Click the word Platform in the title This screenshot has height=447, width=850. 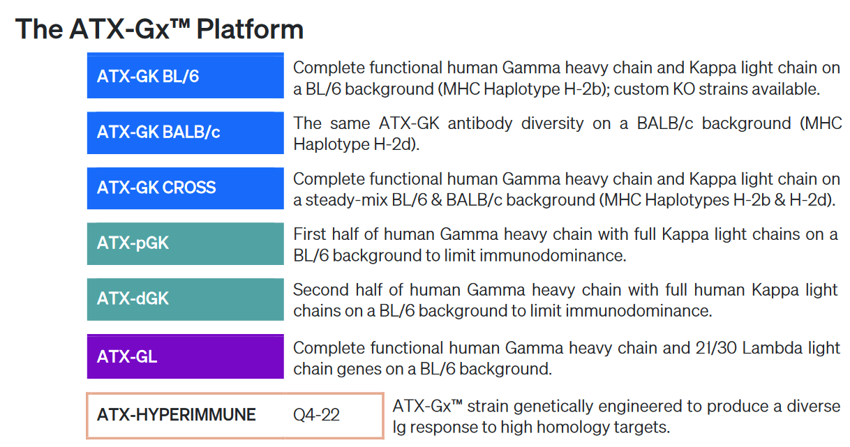point(250,30)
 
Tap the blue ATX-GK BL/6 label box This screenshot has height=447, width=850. point(185,75)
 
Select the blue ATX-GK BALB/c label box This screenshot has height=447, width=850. point(185,132)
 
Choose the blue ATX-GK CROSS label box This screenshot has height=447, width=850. point(185,188)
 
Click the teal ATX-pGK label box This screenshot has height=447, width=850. point(185,244)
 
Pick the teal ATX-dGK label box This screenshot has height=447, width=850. point(185,300)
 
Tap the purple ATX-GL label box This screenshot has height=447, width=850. point(185,356)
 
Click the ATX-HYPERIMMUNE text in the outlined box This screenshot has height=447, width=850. point(176,415)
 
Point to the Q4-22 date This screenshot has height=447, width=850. point(316,415)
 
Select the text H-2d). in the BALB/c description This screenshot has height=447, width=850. point(396,144)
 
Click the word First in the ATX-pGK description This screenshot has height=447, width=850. point(310,234)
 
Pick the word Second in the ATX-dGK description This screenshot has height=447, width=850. point(320,290)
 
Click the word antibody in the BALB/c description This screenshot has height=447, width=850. point(480,124)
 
